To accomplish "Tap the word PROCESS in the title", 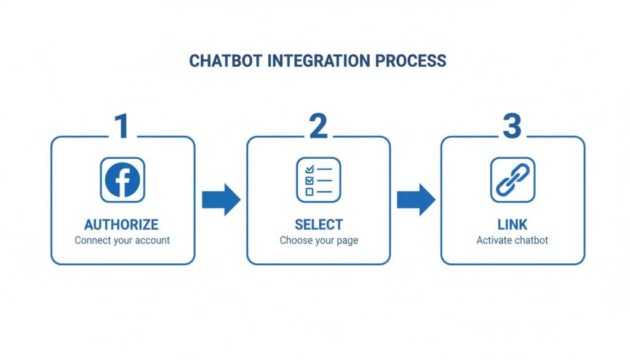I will tap(410, 61).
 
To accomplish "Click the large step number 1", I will tap(122, 126).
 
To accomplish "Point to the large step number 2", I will tap(318, 126).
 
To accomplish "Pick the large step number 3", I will tap(512, 126).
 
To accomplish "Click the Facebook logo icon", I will tap(122, 180).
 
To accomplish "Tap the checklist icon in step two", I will tap(318, 180).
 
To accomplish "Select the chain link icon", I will tap(512, 180).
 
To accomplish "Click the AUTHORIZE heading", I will tap(121, 224).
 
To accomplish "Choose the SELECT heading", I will tap(319, 224).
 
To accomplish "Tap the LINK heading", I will tap(512, 224).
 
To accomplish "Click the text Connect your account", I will tap(122, 240).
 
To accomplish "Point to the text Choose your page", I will tap(319, 240).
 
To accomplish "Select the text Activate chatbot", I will tap(512, 240).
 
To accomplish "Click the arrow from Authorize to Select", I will tap(221, 199).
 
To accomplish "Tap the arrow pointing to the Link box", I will tap(415, 199).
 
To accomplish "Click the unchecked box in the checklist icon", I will tap(309, 192).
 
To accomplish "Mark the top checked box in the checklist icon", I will tap(309, 169).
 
